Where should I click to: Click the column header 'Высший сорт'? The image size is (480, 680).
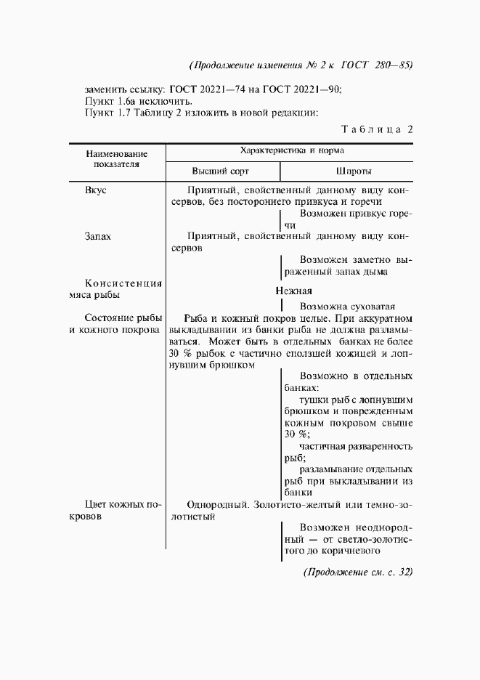point(220,171)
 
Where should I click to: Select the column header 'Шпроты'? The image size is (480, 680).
point(354,171)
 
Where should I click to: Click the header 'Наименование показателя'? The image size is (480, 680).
point(116,159)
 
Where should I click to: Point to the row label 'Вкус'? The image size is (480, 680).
point(97,190)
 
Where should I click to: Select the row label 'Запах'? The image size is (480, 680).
point(98,236)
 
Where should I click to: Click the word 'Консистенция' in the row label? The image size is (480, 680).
point(123,283)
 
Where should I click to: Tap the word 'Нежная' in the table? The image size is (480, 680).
point(293,291)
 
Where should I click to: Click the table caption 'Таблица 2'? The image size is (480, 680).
point(376,129)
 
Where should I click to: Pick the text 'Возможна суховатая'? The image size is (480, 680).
point(348,306)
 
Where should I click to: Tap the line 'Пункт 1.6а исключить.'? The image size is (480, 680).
point(139,101)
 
